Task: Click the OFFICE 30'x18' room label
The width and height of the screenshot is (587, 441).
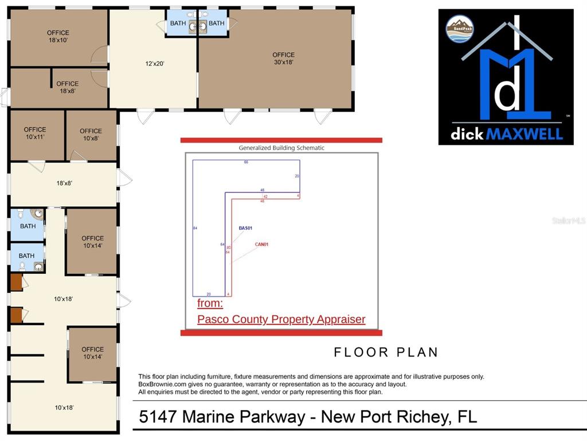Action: point(283,59)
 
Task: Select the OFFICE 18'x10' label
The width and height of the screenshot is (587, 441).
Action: point(58,37)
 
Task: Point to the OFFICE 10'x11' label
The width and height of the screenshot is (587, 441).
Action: point(35,133)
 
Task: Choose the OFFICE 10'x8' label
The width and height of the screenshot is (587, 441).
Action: point(91,134)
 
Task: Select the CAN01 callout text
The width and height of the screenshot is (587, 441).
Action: point(261,245)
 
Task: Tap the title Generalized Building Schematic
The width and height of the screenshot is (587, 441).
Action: point(281,148)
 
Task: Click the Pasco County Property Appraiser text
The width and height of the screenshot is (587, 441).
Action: point(281,319)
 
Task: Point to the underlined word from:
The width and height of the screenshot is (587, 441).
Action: point(210,303)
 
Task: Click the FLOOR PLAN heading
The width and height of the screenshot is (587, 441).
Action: point(386,352)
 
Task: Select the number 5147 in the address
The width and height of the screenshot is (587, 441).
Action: point(157,416)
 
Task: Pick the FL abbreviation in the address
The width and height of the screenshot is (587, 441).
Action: point(467,416)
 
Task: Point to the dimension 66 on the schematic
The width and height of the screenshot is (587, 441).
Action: point(246,163)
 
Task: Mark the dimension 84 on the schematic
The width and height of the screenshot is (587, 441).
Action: point(195,229)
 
